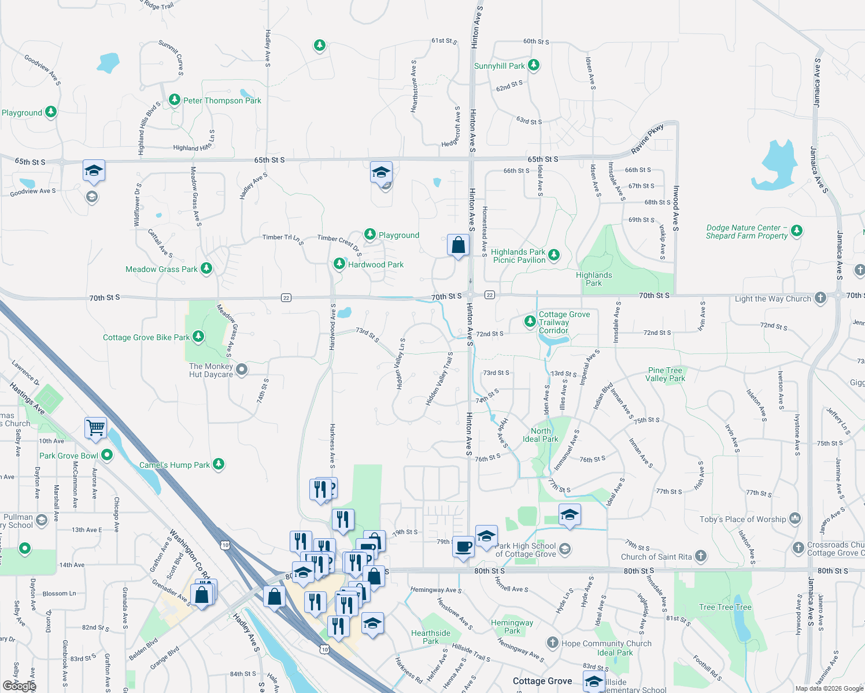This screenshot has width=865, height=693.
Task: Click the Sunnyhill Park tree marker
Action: click(x=534, y=65)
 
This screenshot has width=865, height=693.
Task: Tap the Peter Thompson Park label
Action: click(x=222, y=100)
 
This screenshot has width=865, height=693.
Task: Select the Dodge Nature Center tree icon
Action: click(x=797, y=231)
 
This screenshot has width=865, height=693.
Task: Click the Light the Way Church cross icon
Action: click(x=820, y=298)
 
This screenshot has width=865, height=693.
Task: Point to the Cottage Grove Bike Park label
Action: click(x=146, y=337)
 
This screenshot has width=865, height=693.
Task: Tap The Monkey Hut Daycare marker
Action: click(x=242, y=370)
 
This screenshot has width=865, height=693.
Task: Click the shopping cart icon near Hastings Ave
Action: click(x=95, y=428)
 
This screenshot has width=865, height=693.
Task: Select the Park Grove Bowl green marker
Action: click(x=107, y=455)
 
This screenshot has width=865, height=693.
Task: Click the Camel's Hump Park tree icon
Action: click(x=218, y=464)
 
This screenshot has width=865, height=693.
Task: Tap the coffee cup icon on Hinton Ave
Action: click(x=463, y=546)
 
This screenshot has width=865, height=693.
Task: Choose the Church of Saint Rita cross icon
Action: click(x=700, y=556)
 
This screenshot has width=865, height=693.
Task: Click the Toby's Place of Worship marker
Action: click(x=795, y=519)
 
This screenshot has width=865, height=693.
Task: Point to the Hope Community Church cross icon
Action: click(x=553, y=643)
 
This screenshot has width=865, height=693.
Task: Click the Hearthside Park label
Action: click(x=431, y=637)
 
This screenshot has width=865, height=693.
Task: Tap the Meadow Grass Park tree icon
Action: click(x=206, y=269)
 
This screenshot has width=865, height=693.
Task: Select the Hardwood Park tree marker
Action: click(x=339, y=264)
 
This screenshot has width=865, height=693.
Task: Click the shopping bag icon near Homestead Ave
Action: click(x=458, y=245)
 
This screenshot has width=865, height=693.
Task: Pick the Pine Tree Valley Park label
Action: click(x=665, y=374)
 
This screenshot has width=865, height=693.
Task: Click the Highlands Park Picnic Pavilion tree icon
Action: click(x=554, y=255)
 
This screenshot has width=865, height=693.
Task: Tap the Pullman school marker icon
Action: click(x=41, y=520)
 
